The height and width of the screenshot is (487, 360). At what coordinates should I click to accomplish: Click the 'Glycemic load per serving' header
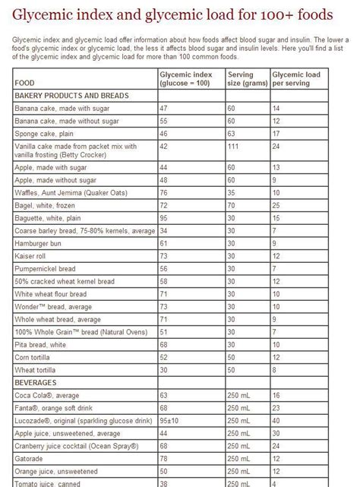pos(297,78)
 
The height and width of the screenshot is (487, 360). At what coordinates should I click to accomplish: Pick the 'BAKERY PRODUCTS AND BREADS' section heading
pos(71,96)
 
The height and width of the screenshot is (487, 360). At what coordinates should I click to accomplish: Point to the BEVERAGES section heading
pos(36,383)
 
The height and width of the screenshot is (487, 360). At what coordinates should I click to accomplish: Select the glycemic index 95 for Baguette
pos(163,218)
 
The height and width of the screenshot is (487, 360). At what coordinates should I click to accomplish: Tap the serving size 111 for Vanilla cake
pos(232,146)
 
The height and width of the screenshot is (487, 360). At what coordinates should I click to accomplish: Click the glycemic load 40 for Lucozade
pos(276,421)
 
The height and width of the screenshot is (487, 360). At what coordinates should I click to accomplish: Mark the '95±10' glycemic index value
pos(169,421)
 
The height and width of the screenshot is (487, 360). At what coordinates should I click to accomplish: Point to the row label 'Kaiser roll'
pos(33,256)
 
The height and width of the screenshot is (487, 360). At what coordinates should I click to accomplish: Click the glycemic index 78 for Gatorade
pos(163,459)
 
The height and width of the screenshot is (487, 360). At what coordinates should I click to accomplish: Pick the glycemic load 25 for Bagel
pos(276,205)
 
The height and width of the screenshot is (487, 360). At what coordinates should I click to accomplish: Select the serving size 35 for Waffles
pos(231,193)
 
